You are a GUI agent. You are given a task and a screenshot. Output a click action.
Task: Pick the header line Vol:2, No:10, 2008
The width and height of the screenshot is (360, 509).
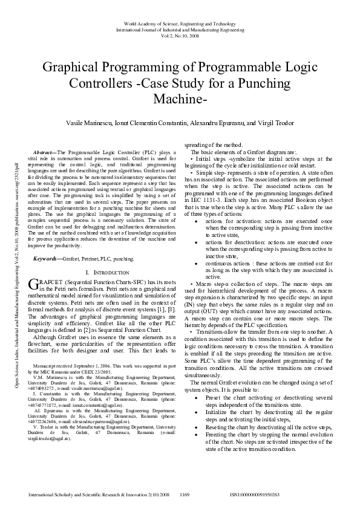click(x=180, y=35)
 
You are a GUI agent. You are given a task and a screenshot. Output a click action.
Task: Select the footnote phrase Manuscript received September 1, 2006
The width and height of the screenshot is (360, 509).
click(x=70, y=366)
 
